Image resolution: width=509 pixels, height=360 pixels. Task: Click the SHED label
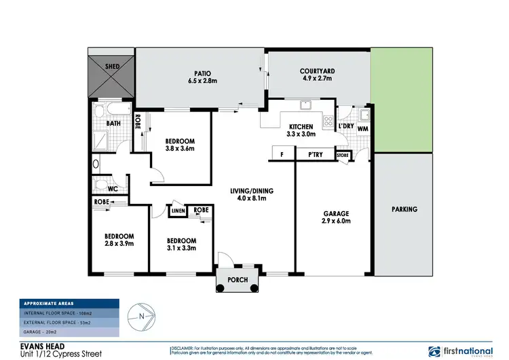tap(112, 67)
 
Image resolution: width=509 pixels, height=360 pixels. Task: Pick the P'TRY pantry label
tap(315, 155)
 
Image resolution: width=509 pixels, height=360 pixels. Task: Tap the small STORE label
tap(343, 156)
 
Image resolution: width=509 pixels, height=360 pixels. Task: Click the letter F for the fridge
tap(282, 155)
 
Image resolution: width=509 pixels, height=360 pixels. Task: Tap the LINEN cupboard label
tap(178, 211)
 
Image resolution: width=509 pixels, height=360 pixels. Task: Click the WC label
tap(113, 190)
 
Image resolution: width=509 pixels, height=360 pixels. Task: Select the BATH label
tap(113, 124)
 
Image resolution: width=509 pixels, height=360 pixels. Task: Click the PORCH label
tap(237, 280)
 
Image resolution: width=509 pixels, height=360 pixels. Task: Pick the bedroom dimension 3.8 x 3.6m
tap(180, 149)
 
